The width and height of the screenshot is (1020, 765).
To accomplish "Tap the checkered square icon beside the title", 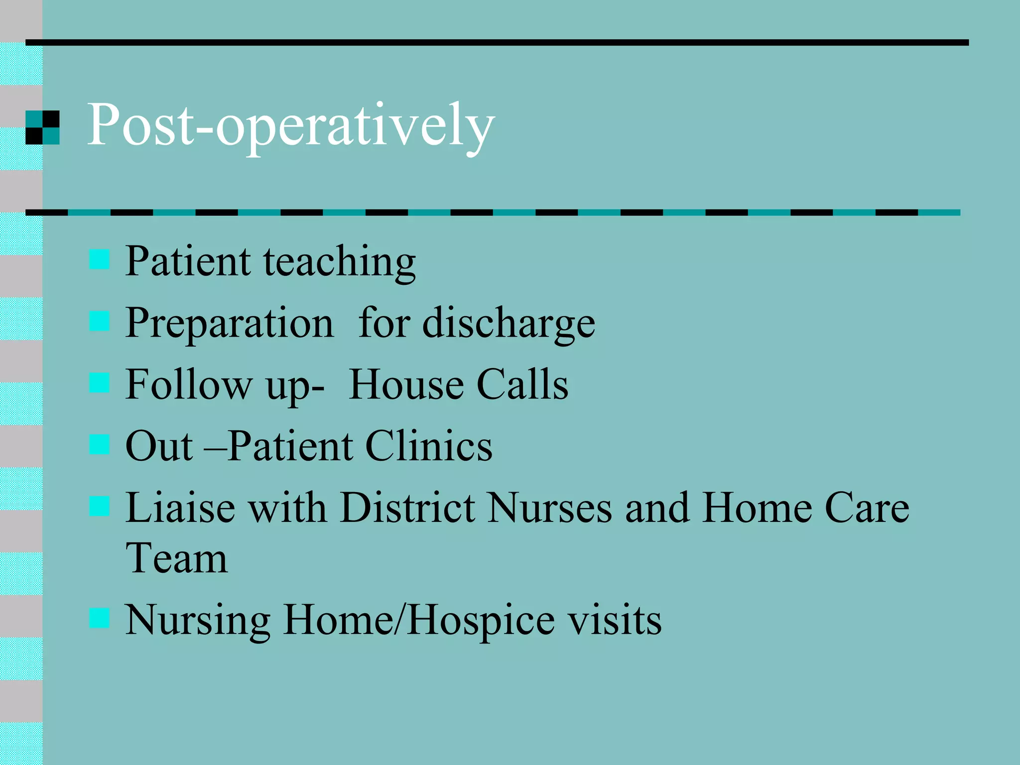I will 42,127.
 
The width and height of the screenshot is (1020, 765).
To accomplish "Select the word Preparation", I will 229,324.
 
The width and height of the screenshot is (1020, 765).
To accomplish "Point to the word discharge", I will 509,324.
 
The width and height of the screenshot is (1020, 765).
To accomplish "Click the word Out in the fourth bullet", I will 159,446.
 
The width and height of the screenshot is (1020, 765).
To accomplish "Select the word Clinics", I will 429,446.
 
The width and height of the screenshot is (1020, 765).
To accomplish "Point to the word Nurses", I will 550,508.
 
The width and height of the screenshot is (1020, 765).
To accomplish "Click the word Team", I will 176,559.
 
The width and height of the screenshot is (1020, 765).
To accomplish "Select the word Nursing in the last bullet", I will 198,621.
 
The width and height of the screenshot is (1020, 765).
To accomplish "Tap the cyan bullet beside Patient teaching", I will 99,259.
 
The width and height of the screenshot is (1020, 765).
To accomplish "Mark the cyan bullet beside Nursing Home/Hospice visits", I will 99,618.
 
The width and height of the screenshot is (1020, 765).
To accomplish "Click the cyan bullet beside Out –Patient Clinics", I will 99,444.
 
